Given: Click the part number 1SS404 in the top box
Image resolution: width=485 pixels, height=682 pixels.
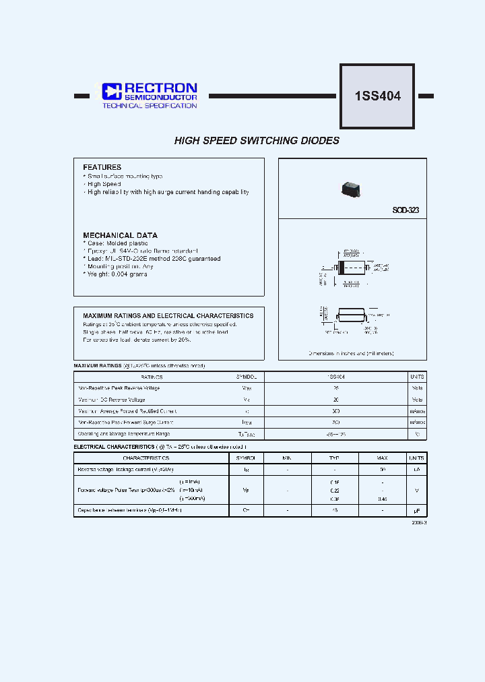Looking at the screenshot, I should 377,96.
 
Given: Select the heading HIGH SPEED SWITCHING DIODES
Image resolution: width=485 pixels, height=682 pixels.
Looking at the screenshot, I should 257,141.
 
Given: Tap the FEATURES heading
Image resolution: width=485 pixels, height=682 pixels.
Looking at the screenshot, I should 102,167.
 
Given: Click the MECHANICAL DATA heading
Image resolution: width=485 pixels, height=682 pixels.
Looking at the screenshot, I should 120,235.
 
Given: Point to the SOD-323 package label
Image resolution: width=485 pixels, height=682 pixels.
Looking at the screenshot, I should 406,210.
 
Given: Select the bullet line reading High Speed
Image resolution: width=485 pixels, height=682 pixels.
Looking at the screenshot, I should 104,184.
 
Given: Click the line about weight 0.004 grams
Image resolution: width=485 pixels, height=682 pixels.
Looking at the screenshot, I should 115,274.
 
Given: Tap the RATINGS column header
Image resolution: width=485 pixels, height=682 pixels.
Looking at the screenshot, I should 152,377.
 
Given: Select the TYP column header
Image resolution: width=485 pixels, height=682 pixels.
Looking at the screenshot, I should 334,458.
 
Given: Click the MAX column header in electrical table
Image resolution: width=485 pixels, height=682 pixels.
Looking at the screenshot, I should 383,458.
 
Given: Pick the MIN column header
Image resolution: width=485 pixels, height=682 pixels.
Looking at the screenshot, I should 288,458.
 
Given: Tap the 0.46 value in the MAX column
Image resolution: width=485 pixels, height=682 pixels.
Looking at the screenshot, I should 383,499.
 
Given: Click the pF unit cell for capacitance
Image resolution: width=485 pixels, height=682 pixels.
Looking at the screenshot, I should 417,511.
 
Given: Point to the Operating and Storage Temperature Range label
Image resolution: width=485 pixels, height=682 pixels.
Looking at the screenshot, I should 124,434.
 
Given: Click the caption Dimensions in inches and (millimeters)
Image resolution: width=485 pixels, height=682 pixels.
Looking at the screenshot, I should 351,353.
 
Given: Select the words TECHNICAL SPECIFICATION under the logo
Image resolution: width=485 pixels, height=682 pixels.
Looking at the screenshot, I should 149,106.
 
